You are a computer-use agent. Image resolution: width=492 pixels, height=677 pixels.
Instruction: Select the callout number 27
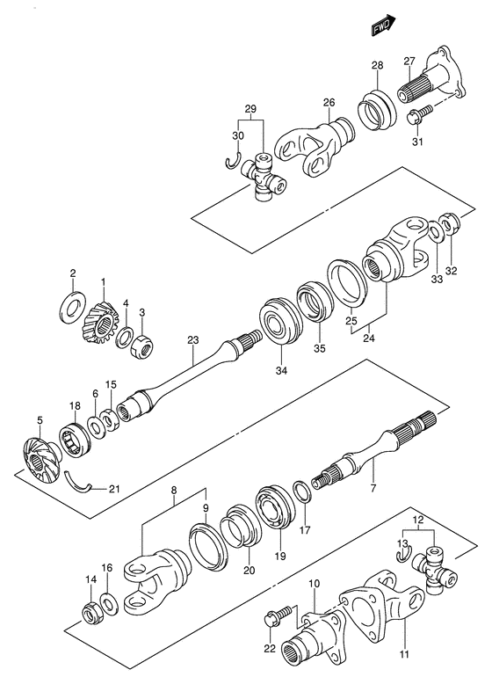pos(409,61)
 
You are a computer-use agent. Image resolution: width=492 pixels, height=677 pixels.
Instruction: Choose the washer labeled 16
pos(108,602)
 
